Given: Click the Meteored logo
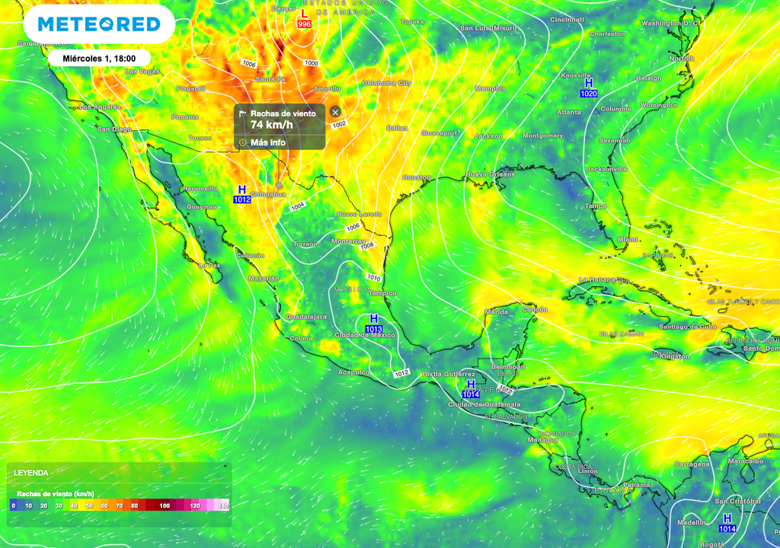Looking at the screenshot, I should pyautogui.click(x=99, y=24).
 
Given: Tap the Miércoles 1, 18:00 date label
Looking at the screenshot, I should pyautogui.click(x=99, y=58).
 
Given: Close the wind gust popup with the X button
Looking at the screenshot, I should pyautogui.click(x=335, y=112).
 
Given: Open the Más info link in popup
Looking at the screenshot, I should pyautogui.click(x=267, y=142).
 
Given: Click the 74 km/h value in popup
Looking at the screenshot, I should pyautogui.click(x=271, y=125).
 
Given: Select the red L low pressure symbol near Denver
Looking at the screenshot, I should pyautogui.click(x=304, y=14).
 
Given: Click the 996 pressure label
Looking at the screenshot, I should pyautogui.click(x=304, y=24).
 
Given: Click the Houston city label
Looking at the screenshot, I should pyautogui.click(x=416, y=177).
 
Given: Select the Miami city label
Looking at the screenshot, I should pyautogui.click(x=628, y=239).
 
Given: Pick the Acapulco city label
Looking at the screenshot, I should pyautogui.click(x=353, y=372).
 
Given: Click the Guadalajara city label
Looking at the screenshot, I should pyautogui.click(x=305, y=316).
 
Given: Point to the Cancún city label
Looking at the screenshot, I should pyautogui.click(x=535, y=310).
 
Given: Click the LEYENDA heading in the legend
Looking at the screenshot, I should pyautogui.click(x=31, y=473).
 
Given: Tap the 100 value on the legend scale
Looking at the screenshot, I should pyautogui.click(x=165, y=505).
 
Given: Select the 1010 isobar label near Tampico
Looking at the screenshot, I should pyautogui.click(x=373, y=277).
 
